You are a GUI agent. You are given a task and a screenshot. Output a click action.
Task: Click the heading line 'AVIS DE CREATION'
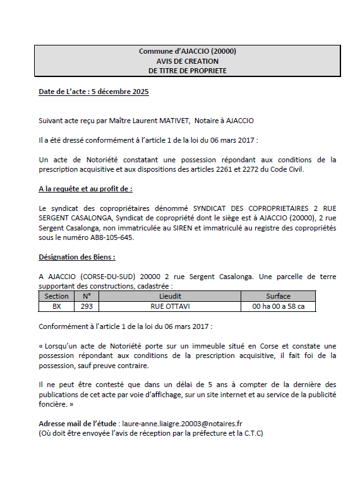point(187,61)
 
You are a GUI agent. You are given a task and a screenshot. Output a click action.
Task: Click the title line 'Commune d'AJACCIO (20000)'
point(187,52)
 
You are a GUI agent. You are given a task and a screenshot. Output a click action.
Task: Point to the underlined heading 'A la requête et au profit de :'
point(85,188)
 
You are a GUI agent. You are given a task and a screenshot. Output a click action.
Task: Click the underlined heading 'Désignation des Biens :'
point(77,257)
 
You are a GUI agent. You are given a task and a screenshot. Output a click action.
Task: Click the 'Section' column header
point(57,296)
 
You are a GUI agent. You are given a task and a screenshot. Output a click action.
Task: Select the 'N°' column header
point(87,296)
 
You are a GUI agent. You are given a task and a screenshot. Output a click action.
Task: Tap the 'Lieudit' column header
point(170,296)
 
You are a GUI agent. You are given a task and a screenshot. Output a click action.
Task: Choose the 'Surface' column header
point(278,296)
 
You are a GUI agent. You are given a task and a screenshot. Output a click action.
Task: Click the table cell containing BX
point(57,306)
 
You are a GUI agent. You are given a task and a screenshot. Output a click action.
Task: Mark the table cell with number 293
point(87,306)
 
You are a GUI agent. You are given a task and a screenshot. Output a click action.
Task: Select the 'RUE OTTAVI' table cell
point(170,306)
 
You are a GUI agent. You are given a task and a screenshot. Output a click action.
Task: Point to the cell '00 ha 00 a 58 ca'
point(278,306)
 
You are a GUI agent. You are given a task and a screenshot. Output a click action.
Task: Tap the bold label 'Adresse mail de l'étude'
point(77,424)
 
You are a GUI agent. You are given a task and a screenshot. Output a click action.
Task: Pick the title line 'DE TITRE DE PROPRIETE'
point(187,71)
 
